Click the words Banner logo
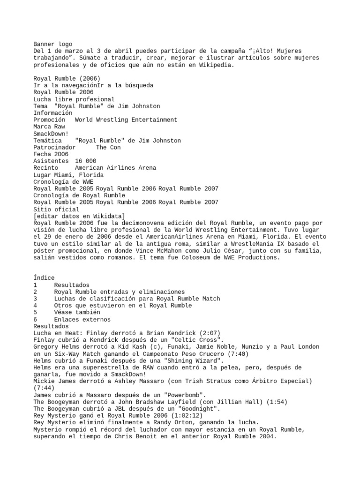(x=52, y=44)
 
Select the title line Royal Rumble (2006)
(x=66, y=78)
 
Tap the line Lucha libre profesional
(x=74, y=99)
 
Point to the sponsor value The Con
(x=108, y=147)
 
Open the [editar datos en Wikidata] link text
(x=79, y=216)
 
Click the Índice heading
(x=44, y=278)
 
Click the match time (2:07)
(x=208, y=333)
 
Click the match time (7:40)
(x=238, y=353)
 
